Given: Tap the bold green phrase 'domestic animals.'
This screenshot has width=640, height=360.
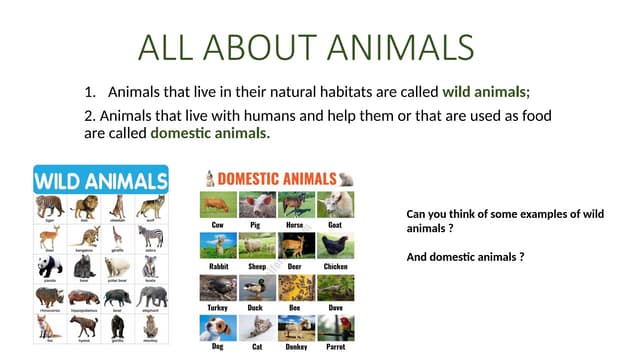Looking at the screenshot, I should (x=210, y=132).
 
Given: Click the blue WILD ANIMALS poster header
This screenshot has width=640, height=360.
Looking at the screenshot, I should (x=100, y=181).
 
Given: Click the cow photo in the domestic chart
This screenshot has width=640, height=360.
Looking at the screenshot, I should (x=217, y=204).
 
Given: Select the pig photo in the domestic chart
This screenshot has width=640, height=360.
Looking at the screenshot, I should (x=256, y=204).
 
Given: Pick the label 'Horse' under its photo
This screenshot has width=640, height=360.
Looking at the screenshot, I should (x=295, y=225).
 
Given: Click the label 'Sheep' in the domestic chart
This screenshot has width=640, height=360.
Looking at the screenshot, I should (x=256, y=266).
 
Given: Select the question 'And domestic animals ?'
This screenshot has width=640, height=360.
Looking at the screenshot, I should (x=465, y=257).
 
